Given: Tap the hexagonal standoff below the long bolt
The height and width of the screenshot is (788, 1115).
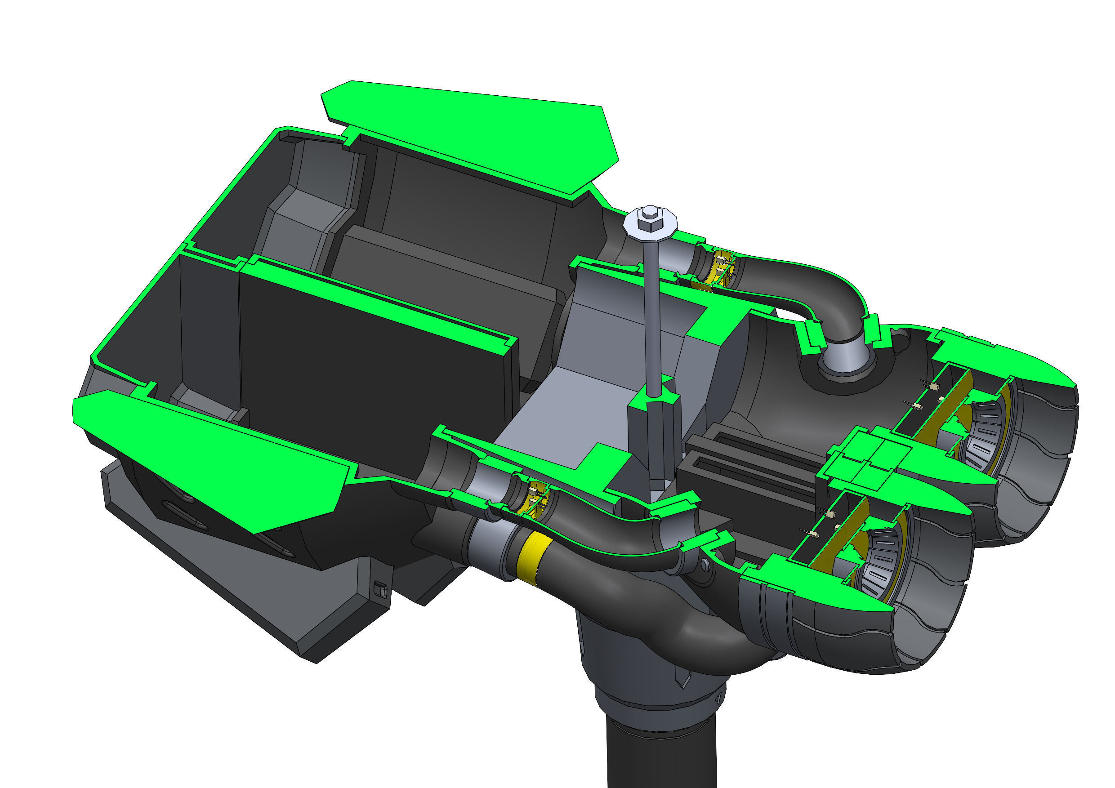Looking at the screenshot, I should pyautogui.click(x=653, y=437).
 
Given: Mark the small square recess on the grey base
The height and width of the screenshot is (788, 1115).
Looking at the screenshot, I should pyautogui.click(x=380, y=589).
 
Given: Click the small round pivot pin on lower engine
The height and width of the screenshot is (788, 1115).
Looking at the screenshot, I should pyautogui.click(x=705, y=563).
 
